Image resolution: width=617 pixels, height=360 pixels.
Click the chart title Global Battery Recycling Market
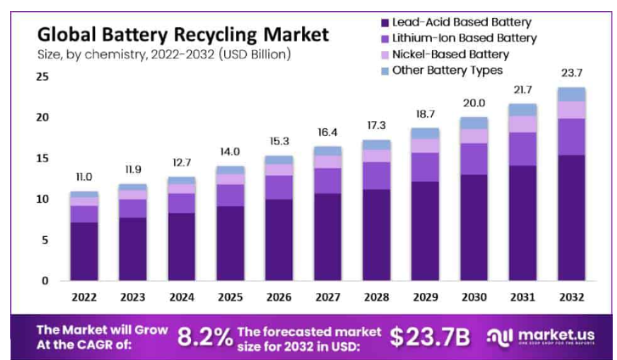coord(182,35)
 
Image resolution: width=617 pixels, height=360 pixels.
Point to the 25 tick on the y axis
coord(42,76)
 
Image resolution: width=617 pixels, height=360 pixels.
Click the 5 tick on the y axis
coord(45,240)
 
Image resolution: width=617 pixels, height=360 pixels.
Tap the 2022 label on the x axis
coord(83,296)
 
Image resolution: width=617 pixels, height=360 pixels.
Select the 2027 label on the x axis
coord(327,296)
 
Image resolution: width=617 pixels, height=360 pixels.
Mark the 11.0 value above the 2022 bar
coord(83,177)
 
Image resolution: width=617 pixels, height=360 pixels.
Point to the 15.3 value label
coord(278,141)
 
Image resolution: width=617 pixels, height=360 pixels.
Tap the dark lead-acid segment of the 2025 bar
coord(229,243)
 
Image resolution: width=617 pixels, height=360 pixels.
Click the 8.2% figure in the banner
coord(205,337)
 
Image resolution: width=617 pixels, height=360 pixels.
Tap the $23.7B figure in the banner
coord(429,337)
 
